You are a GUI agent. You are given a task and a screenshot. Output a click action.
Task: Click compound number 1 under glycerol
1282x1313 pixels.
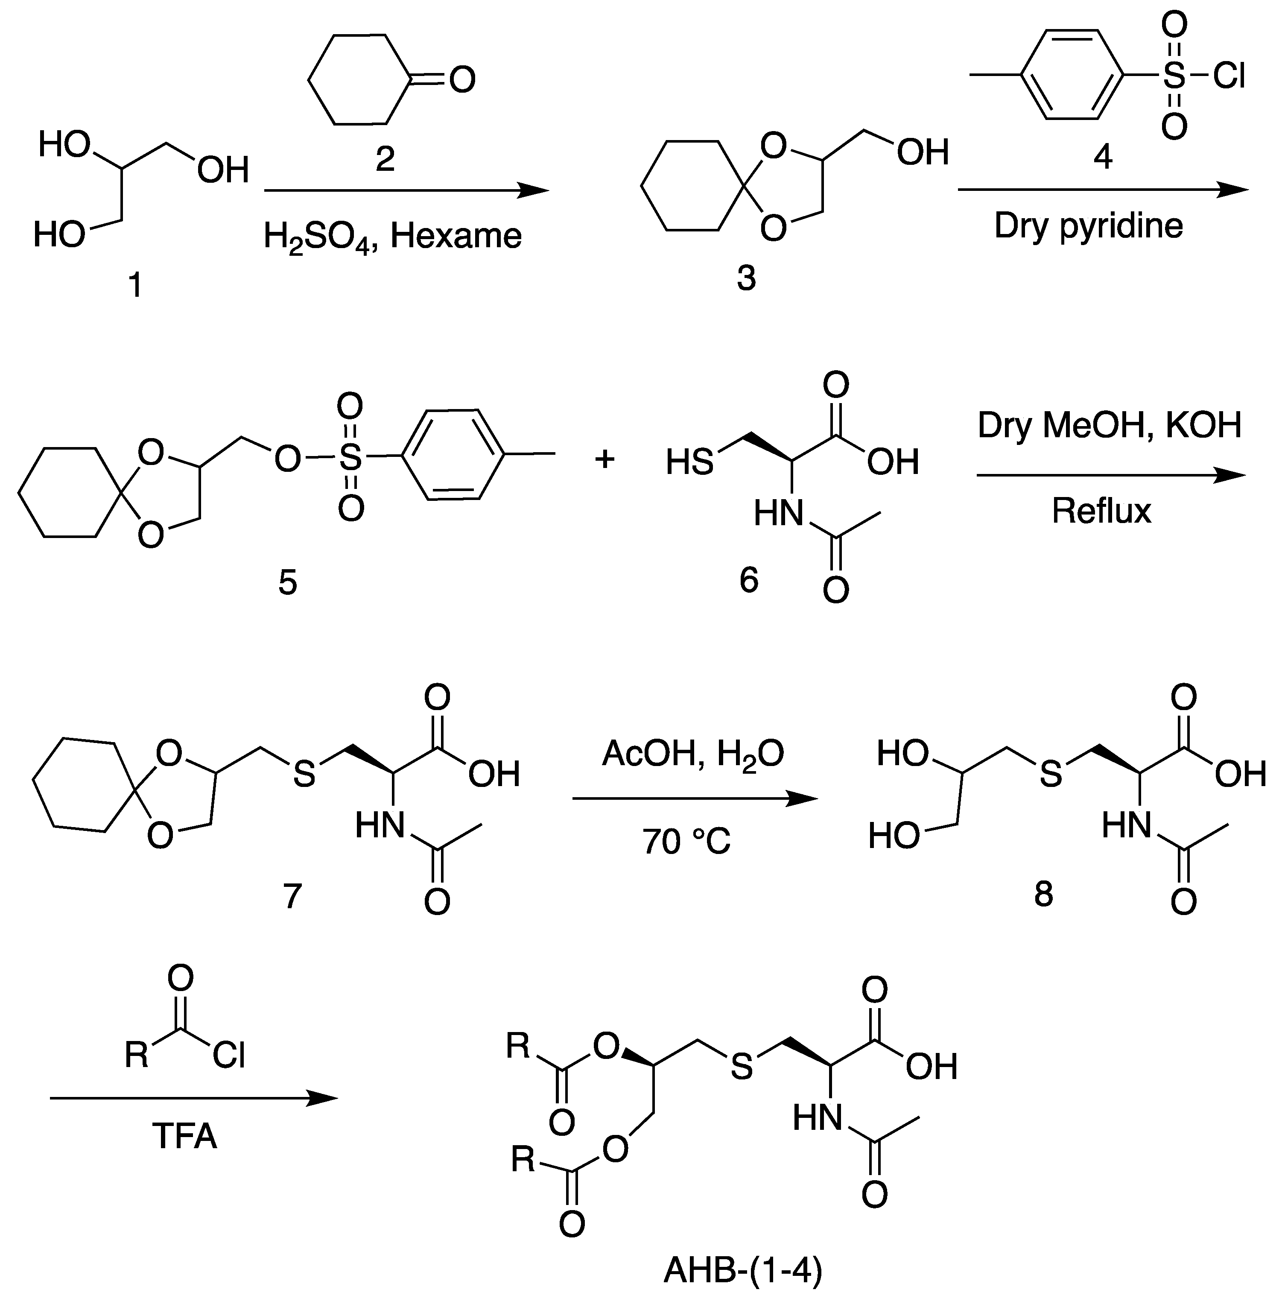(135, 286)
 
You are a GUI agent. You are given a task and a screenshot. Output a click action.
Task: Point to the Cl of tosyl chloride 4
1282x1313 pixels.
(1228, 76)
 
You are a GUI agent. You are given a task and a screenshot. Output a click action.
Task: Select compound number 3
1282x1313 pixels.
(746, 278)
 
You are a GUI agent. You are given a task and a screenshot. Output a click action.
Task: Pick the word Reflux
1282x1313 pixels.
(1101, 511)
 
